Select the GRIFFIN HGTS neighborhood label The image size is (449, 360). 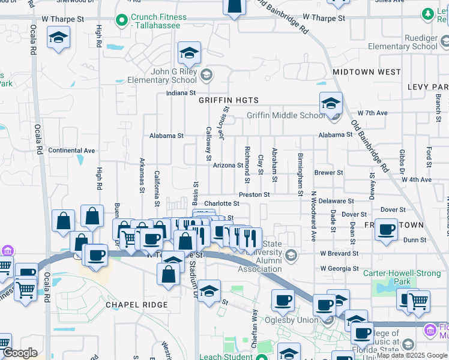229,100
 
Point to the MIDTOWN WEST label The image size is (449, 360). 366,72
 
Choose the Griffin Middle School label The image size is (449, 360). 285,116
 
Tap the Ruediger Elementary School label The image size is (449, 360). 403,42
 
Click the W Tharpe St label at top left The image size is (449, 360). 62,19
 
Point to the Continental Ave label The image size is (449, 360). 71,151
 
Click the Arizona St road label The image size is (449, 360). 228,165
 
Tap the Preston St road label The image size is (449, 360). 254,194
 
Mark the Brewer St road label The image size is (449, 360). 328,173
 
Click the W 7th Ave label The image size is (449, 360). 372,113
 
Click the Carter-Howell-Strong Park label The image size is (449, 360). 402,277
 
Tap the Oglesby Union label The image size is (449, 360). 295,320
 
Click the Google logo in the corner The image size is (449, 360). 20,353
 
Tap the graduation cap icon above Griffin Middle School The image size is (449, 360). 331,103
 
